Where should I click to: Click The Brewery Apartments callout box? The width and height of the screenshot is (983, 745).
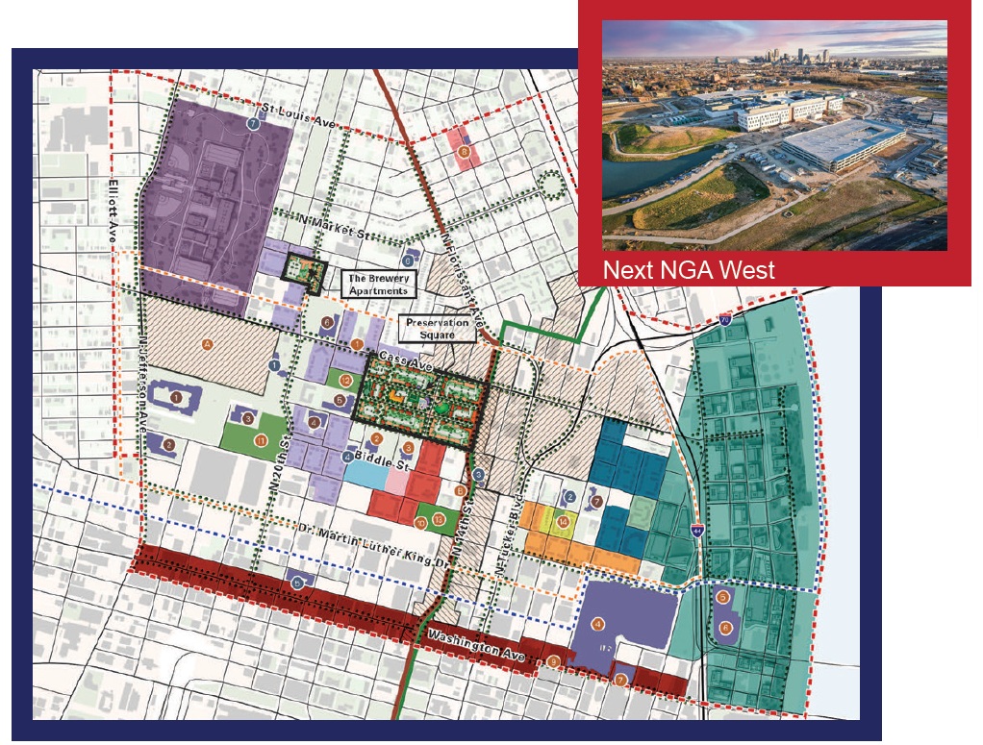pos(379,284)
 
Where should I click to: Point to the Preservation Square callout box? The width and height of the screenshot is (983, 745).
pos(437,329)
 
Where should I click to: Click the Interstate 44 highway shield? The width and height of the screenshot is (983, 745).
pos(696,531)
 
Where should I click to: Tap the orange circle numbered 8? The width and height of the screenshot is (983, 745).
pos(465,151)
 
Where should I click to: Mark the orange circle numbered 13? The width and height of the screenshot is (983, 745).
pos(439,520)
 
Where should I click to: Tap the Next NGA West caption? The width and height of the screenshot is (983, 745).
pos(688,270)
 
